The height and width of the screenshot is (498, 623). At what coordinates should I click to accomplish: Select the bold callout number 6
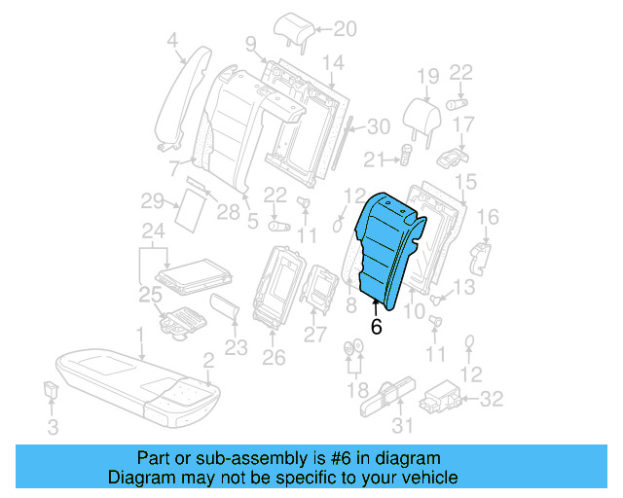[x=376, y=328]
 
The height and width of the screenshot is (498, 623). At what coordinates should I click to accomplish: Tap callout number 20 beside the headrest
[x=318, y=28]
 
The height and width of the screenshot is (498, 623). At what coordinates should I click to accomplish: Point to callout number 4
[x=172, y=41]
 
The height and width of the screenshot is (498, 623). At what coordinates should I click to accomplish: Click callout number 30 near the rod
[x=378, y=125]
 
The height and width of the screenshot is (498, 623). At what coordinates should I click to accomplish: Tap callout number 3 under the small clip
[x=54, y=426]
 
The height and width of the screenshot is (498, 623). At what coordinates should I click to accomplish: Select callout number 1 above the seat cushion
[x=140, y=334]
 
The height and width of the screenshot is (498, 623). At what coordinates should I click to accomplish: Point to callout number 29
[x=151, y=201]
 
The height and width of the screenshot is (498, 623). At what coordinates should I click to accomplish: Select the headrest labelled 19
[x=425, y=111]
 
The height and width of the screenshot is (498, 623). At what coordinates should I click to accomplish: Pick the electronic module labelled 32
[x=440, y=399]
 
